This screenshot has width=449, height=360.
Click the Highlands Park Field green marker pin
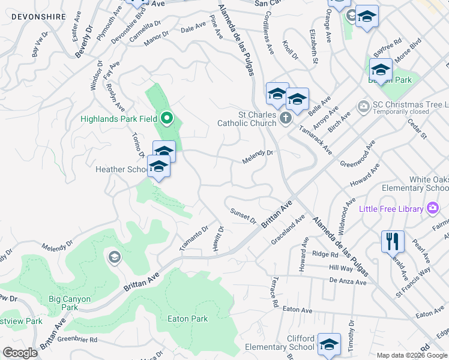tap(168, 118)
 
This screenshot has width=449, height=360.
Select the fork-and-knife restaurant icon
tap(393, 241)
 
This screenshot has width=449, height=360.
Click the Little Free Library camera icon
tap(433, 208)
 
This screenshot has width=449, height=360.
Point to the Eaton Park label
tap(188, 319)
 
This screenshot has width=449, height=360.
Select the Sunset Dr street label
tap(243, 215)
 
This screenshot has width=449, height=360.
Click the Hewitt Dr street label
tap(219, 239)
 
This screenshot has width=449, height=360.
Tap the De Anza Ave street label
tap(348, 281)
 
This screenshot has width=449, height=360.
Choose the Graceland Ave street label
tap(284, 236)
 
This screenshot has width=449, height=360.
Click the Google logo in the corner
tap(20, 353)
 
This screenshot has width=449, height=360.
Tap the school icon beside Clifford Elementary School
tap(329, 344)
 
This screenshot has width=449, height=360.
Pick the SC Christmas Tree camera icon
tap(363, 107)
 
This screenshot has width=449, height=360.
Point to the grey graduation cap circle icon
tap(113, 258)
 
